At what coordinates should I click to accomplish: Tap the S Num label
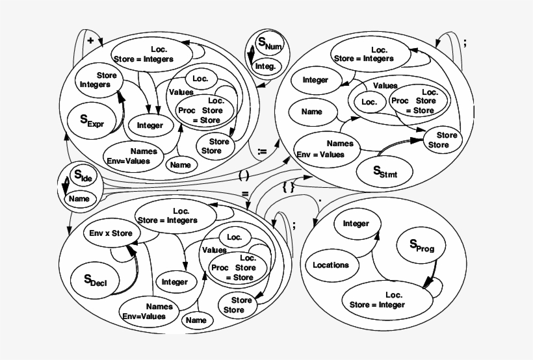266,45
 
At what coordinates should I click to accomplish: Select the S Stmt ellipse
384,172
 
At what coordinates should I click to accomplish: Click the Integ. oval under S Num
265,66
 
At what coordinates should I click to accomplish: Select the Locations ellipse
331,265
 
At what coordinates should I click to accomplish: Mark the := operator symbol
262,151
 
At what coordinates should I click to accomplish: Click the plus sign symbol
90,40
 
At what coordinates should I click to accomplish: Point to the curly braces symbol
289,186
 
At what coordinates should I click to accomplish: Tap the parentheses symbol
244,174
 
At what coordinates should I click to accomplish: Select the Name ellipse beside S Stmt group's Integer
312,112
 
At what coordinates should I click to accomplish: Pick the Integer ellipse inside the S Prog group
356,224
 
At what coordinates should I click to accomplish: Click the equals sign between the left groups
245,194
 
